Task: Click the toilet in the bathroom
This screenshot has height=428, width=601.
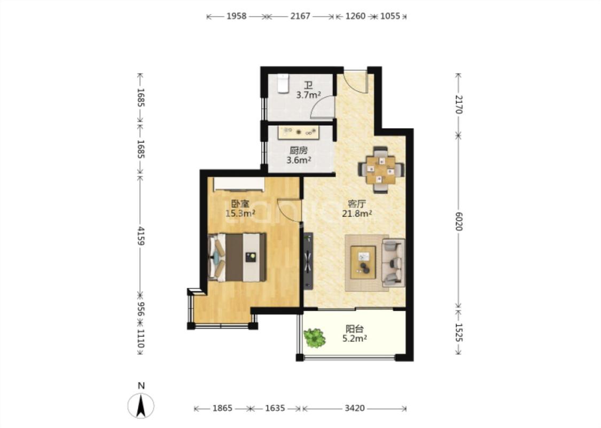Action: click(283, 83)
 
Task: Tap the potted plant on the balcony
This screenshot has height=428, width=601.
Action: click(315, 338)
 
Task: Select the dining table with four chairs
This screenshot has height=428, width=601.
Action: click(380, 170)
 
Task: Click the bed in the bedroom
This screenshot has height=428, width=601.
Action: click(237, 257)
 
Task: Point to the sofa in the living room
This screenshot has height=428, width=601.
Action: click(393, 263)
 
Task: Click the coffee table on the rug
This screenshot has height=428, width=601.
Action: click(363, 262)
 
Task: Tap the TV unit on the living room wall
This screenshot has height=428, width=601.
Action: click(308, 261)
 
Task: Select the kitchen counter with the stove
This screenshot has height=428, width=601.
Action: click(299, 133)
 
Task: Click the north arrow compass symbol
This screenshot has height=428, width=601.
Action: click(141, 406)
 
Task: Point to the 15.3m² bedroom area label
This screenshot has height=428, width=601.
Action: click(240, 213)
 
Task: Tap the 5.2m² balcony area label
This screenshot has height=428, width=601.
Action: click(355, 338)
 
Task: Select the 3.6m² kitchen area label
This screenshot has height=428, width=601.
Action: click(299, 160)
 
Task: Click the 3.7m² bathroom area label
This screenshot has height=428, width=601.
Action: click(308, 95)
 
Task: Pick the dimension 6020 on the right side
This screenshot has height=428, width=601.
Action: click(459, 221)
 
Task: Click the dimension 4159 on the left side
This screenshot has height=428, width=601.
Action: click(141, 236)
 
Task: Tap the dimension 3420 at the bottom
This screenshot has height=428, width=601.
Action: click(355, 408)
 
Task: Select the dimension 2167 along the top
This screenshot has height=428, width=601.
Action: click(300, 16)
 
